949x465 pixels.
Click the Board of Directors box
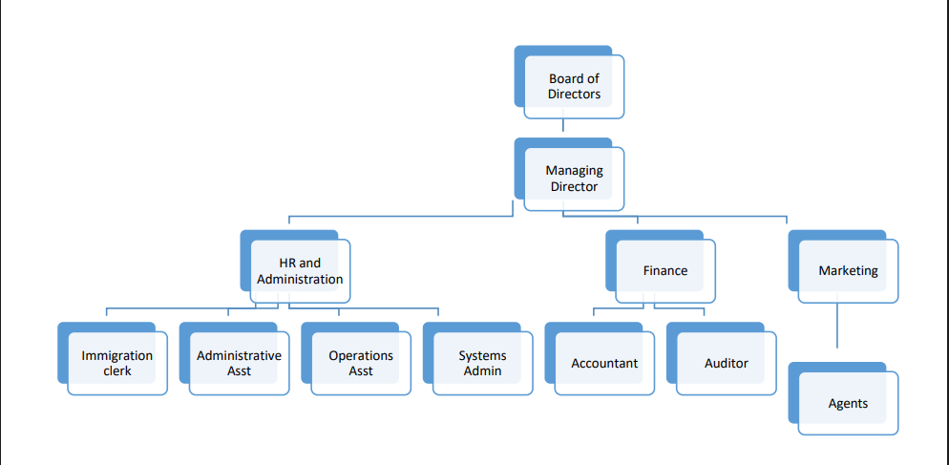574,87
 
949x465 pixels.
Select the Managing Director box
574,179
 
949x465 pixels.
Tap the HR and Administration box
300,271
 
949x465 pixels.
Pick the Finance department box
665,271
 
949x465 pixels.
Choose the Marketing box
848,271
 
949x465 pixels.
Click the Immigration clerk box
117,363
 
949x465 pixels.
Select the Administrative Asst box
239,363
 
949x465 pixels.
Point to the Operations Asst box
361,363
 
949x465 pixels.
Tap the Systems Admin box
482,363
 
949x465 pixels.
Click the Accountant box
604,364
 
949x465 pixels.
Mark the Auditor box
726,364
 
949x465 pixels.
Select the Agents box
848,404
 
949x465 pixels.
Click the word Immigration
117,356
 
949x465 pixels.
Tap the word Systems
482,356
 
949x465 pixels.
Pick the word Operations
361,356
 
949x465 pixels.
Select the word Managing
574,171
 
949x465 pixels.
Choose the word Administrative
239,356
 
